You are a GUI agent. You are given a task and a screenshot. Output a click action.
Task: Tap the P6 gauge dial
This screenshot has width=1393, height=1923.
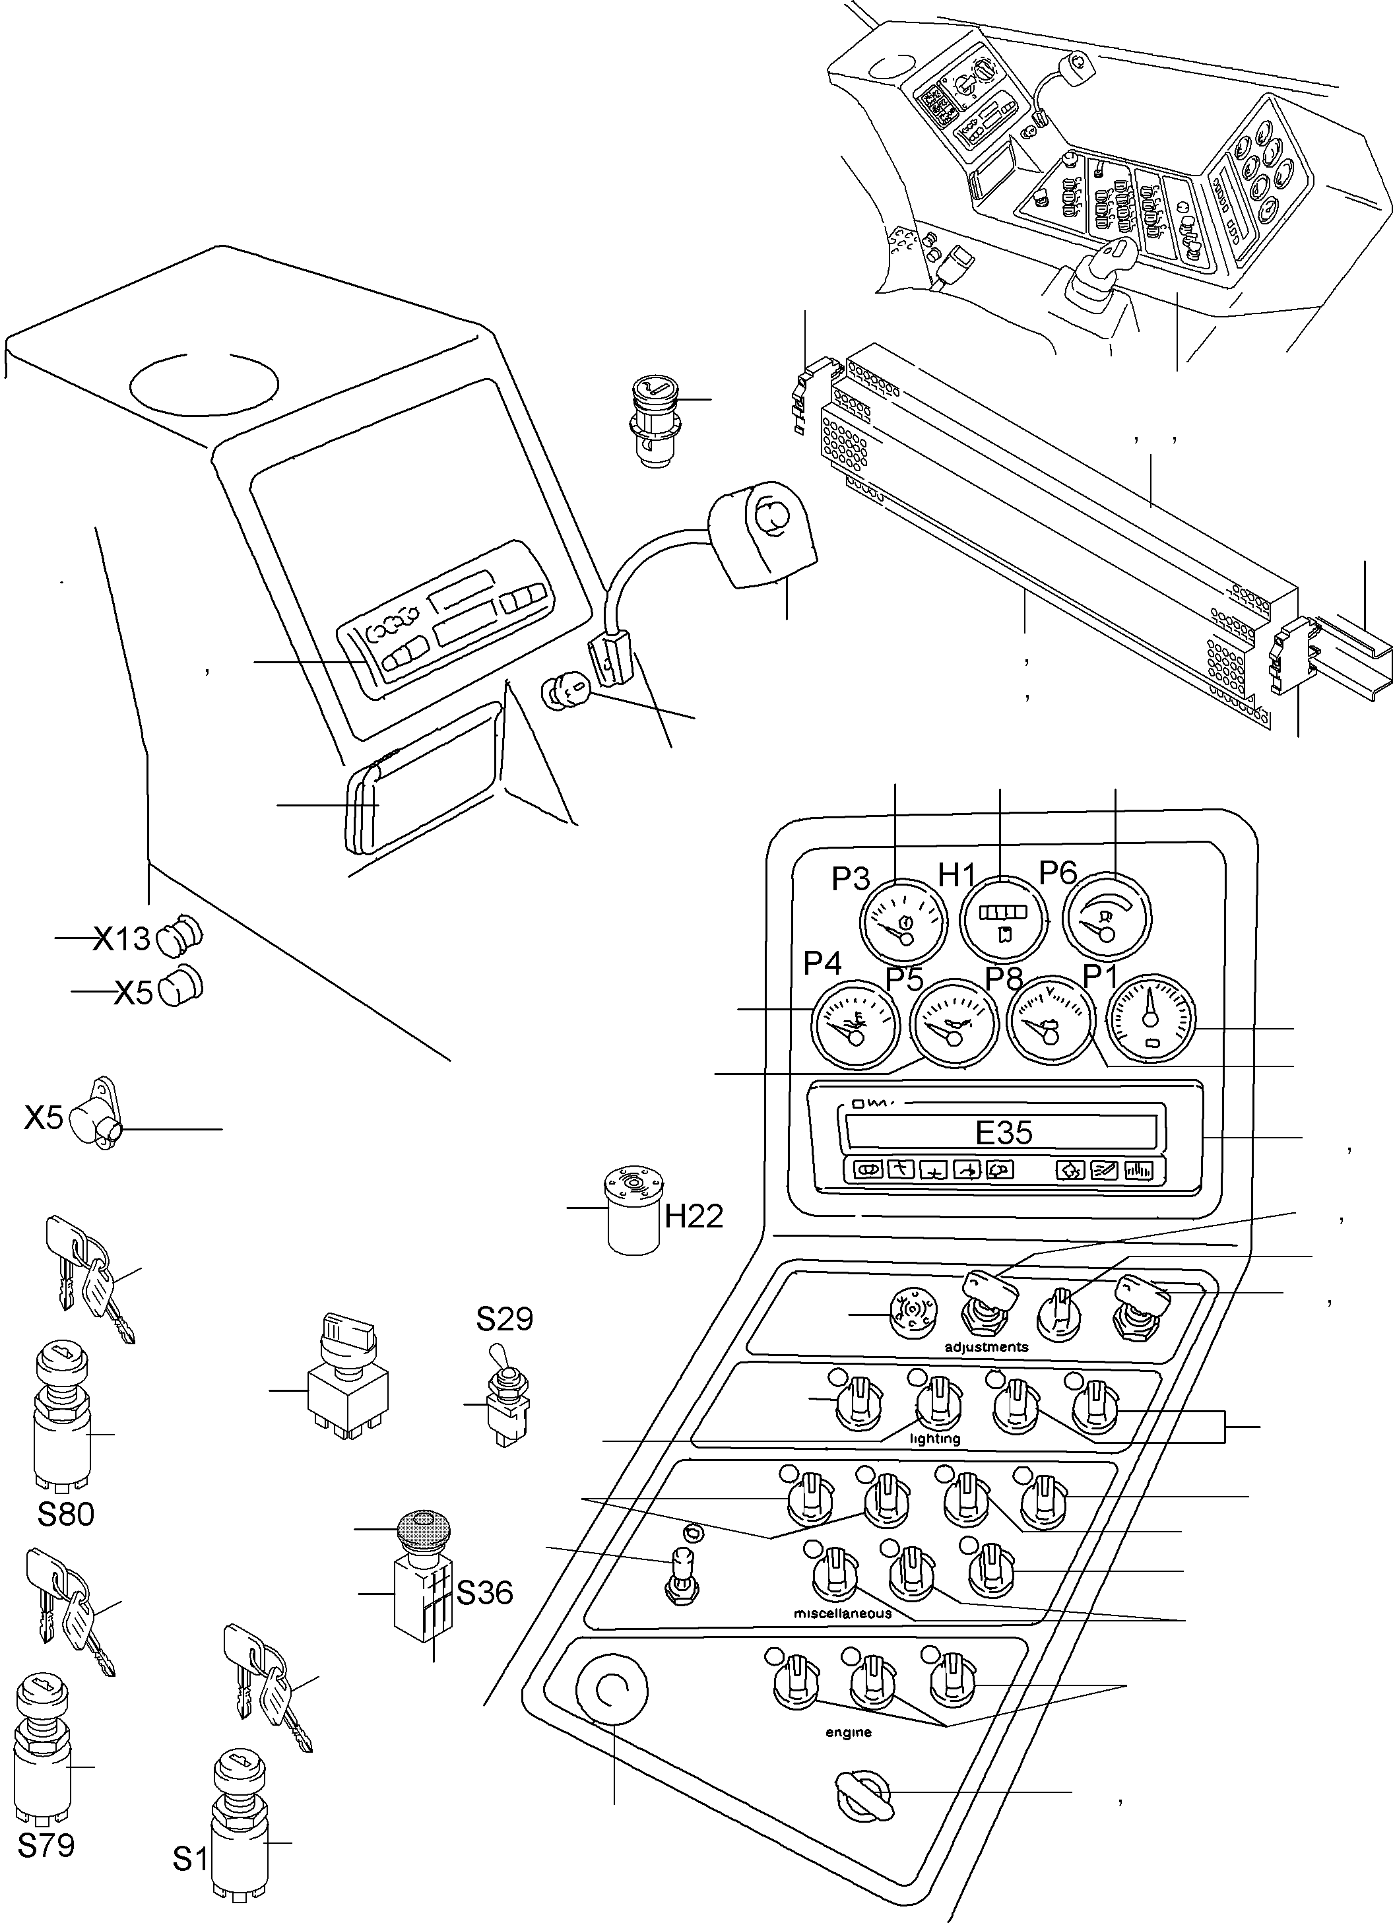coord(1107,918)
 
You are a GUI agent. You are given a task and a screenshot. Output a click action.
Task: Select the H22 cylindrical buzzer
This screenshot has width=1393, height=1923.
coord(633,1211)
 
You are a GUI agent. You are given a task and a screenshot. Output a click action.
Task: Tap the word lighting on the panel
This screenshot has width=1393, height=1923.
coord(934,1439)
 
